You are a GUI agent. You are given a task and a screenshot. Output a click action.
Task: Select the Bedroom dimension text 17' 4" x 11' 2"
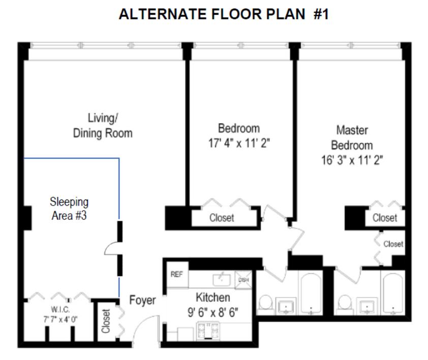(x=238, y=144)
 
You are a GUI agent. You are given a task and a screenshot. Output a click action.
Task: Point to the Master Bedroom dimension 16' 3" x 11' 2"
(x=352, y=160)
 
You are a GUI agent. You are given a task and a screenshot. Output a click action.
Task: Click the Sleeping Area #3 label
(x=69, y=208)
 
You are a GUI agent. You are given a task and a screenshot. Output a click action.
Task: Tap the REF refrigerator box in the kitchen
(x=176, y=275)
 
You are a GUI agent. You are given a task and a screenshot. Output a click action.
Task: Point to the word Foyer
(x=142, y=301)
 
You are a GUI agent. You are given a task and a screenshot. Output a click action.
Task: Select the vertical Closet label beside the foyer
(x=106, y=321)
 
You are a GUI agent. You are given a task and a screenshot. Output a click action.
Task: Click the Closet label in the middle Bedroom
(x=222, y=218)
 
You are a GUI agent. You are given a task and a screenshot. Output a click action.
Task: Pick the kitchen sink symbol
(x=222, y=279)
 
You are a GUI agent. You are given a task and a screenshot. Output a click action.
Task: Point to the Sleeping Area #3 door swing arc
(x=110, y=249)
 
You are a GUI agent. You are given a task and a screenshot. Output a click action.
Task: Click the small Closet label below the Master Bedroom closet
(x=393, y=244)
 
